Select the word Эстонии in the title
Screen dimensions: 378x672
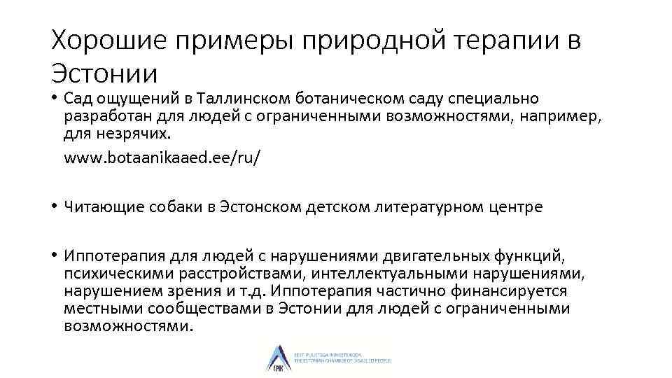(x=104, y=73)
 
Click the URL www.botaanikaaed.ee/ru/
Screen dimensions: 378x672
(x=162, y=157)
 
